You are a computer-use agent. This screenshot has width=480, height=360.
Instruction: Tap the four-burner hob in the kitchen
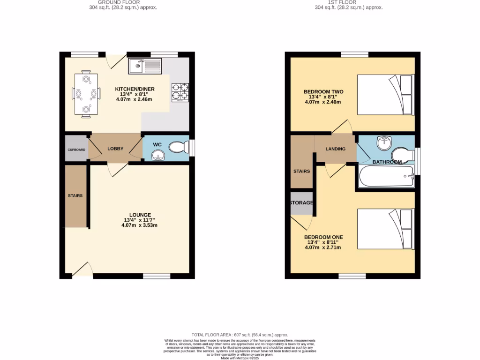click(180, 92)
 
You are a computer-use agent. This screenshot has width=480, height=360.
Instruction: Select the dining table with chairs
click(86, 94)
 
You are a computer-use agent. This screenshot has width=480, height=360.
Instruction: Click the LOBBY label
click(115, 149)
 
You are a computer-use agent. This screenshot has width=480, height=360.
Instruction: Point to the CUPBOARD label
click(76, 150)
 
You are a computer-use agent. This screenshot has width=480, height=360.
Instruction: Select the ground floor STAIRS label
click(75, 195)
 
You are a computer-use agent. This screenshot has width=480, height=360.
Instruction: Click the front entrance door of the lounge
click(82, 270)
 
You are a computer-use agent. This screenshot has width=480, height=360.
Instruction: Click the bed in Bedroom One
click(386, 229)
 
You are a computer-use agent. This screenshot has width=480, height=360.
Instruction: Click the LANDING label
click(336, 149)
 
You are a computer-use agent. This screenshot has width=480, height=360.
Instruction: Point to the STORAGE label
click(301, 202)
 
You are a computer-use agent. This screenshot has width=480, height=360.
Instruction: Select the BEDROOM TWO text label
click(323, 91)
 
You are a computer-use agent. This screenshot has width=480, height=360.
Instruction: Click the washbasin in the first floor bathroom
click(384, 142)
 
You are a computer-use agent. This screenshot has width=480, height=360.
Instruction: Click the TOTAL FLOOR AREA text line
click(240, 335)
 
